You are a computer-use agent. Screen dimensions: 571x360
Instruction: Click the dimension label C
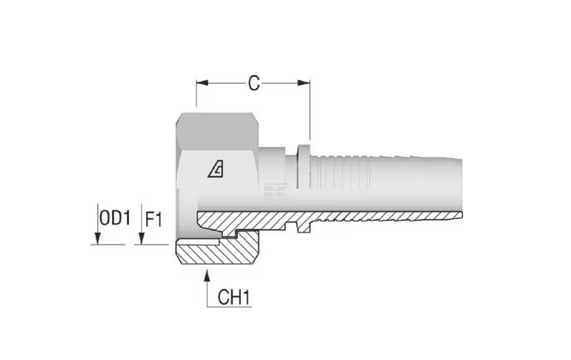(254, 83)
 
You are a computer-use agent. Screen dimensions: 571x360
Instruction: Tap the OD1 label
(115, 218)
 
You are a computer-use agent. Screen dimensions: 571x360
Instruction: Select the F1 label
(153, 220)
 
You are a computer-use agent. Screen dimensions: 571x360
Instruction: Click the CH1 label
(234, 297)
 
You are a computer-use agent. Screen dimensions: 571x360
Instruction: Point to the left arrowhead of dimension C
(202, 83)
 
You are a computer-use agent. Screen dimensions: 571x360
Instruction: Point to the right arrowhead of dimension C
(304, 83)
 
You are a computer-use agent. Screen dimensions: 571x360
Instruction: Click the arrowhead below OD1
(97, 239)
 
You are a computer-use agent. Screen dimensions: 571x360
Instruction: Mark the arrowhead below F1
(141, 239)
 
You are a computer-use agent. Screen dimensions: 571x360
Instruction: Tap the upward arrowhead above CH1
(207, 275)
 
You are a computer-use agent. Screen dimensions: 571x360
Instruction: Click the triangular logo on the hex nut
(216, 170)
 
